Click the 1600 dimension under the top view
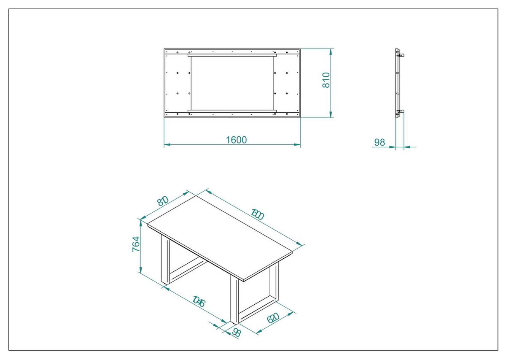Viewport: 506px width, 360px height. tap(236, 140)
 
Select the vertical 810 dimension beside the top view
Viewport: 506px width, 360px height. tap(326, 80)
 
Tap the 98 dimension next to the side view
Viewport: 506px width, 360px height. tap(379, 142)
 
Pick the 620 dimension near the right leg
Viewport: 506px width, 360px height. tap(273, 318)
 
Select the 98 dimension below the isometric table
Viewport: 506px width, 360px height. tap(236, 332)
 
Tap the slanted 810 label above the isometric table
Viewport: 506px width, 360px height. tap(163, 201)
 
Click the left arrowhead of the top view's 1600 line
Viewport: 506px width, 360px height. tap(166, 145)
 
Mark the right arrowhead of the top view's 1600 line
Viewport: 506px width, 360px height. tap(298, 145)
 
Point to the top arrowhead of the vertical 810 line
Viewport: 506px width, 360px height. tap(331, 51)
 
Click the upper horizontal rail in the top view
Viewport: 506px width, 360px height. tap(232, 54)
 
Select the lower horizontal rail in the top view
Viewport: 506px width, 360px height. tap(232, 111)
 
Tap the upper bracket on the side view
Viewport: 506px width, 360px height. tap(401, 55)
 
